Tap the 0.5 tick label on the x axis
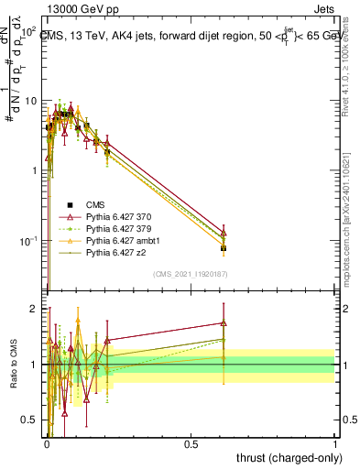191,443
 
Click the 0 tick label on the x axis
46,443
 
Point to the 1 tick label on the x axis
336,443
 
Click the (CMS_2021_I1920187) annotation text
191,274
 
